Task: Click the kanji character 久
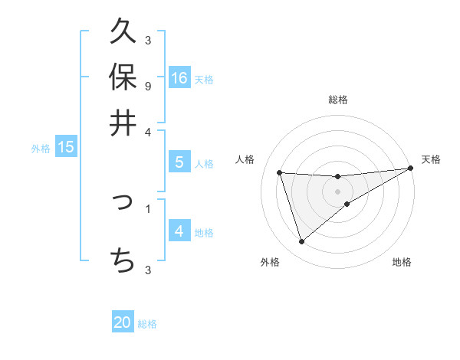click(123, 32)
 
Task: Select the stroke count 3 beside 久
click(147, 40)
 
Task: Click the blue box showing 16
click(179, 77)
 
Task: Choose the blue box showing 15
click(66, 147)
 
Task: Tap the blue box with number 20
click(123, 322)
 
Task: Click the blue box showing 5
click(179, 162)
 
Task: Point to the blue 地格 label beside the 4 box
click(204, 233)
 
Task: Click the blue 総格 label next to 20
click(147, 324)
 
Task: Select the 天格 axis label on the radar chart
click(431, 159)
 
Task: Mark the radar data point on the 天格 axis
click(410, 169)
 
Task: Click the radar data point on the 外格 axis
click(301, 242)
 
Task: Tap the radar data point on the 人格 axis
click(280, 172)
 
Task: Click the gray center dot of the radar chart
click(337, 191)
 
